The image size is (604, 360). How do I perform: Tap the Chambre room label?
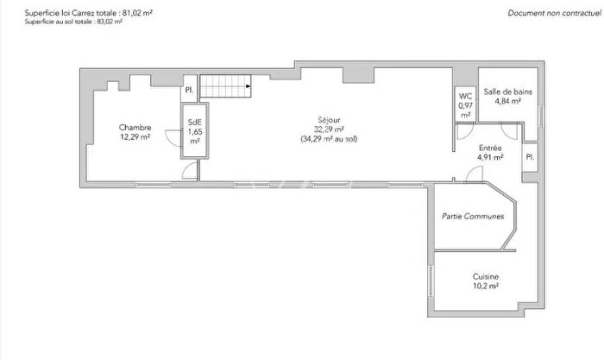[x=135, y=128]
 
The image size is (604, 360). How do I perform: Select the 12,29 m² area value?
[x=135, y=137]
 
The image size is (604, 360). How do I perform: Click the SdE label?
[x=194, y=123]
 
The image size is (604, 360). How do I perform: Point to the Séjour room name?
[x=328, y=122]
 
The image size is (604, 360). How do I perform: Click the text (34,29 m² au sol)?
[x=328, y=139]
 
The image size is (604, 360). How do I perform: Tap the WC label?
[x=465, y=96]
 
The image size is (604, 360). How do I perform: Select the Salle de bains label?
[x=507, y=92]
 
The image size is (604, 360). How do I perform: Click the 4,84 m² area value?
[x=507, y=101]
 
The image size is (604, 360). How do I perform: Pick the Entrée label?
[x=490, y=148]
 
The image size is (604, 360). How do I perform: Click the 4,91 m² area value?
[x=490, y=157]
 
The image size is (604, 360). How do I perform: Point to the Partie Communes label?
[x=472, y=217]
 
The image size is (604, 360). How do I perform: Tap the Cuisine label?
[x=485, y=277]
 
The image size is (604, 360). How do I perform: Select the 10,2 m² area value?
[x=485, y=287]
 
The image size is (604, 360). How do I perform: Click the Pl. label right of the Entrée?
[x=530, y=157]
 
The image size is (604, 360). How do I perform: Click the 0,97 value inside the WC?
[x=465, y=105]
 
